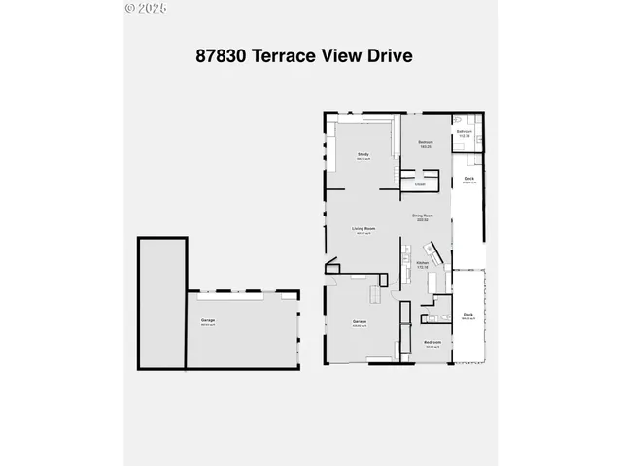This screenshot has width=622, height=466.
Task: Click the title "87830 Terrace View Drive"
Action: tap(304, 55)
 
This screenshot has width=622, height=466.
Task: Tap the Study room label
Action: tap(363, 155)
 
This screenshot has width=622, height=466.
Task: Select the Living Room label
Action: tap(363, 230)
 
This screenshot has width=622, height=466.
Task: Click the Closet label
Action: tap(420, 183)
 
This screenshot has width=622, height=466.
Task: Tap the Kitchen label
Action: tap(422, 264)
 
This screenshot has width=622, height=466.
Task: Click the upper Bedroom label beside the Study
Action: tap(426, 144)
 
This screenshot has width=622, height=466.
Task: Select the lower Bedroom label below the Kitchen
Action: tap(432, 343)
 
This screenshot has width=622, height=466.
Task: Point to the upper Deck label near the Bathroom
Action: tap(468, 180)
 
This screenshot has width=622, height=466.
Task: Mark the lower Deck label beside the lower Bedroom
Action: tap(467, 316)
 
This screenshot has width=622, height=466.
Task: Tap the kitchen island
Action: tap(373, 293)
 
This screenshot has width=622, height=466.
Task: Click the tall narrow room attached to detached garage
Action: tap(160, 301)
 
